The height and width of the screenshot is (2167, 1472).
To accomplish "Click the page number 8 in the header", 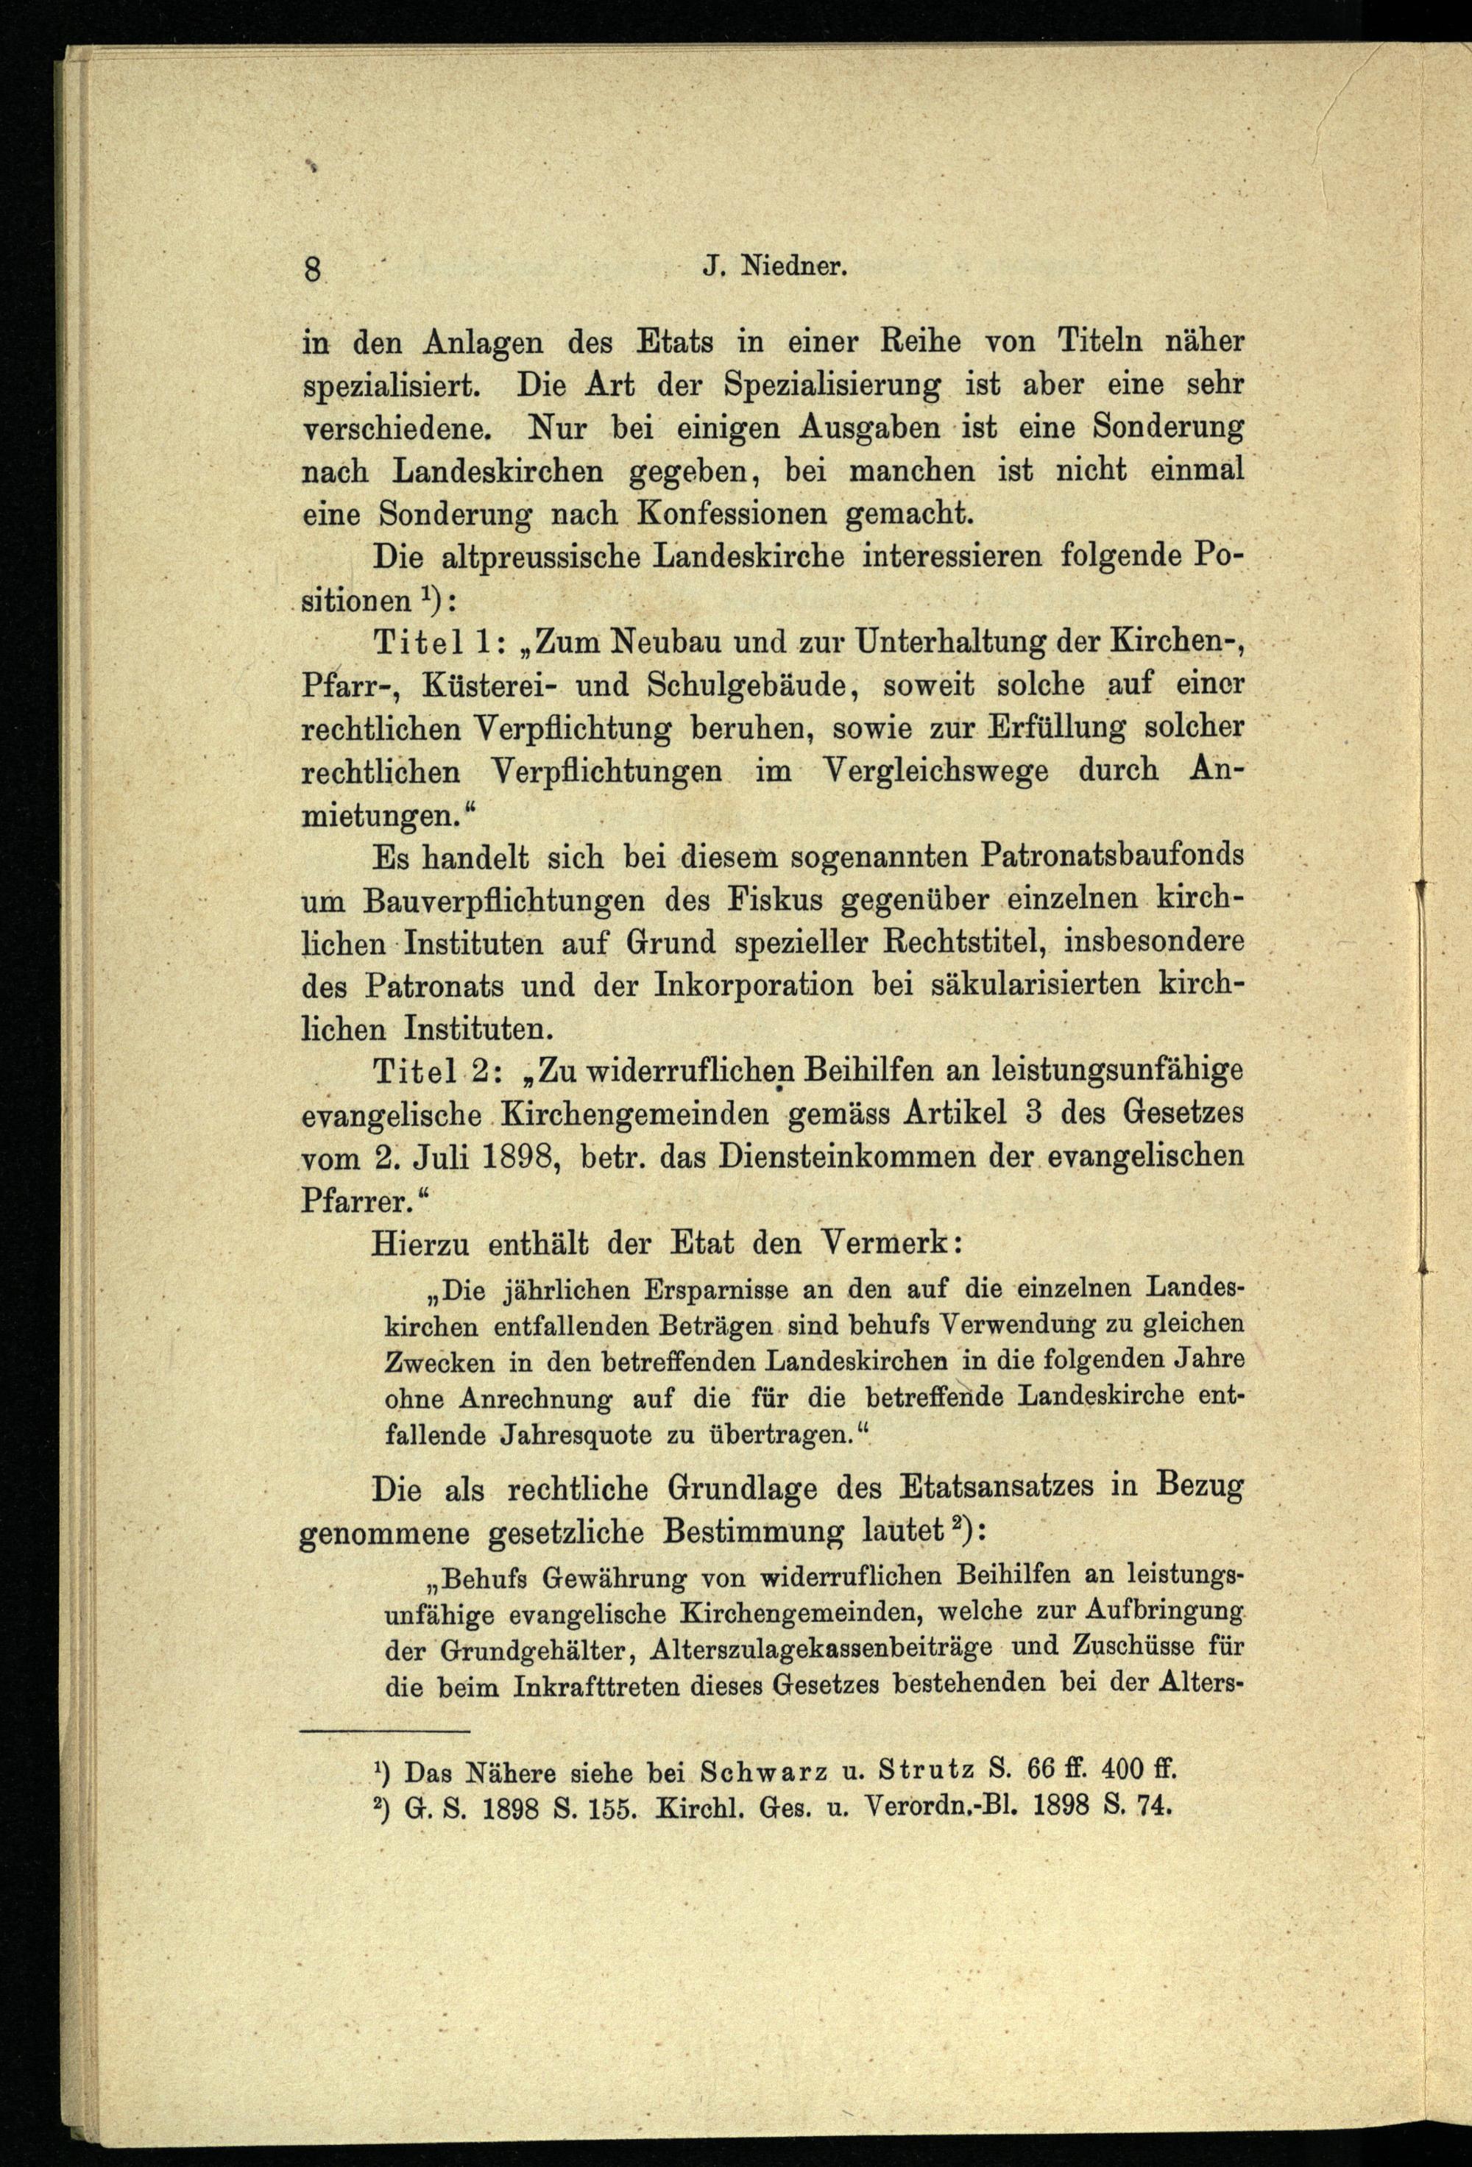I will coord(311,271).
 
